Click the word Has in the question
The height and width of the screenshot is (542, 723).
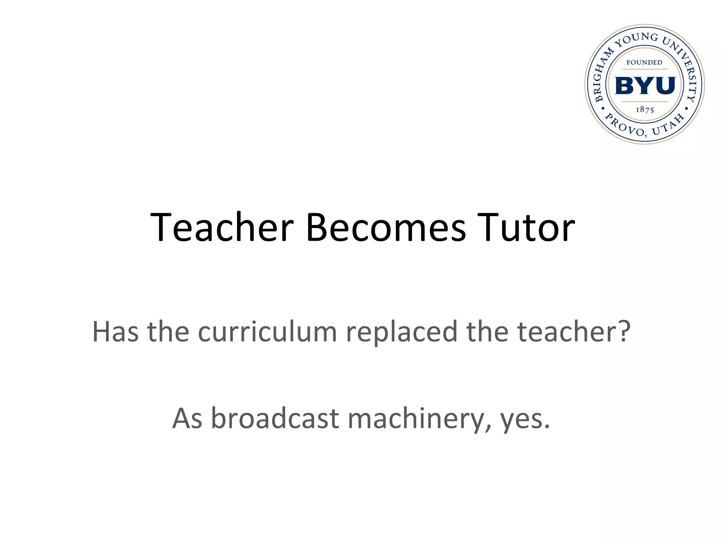[x=115, y=331]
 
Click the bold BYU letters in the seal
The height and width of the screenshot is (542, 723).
[x=645, y=86]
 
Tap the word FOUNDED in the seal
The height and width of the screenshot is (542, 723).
[x=644, y=62]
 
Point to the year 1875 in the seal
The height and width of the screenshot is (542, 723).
[x=645, y=110]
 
